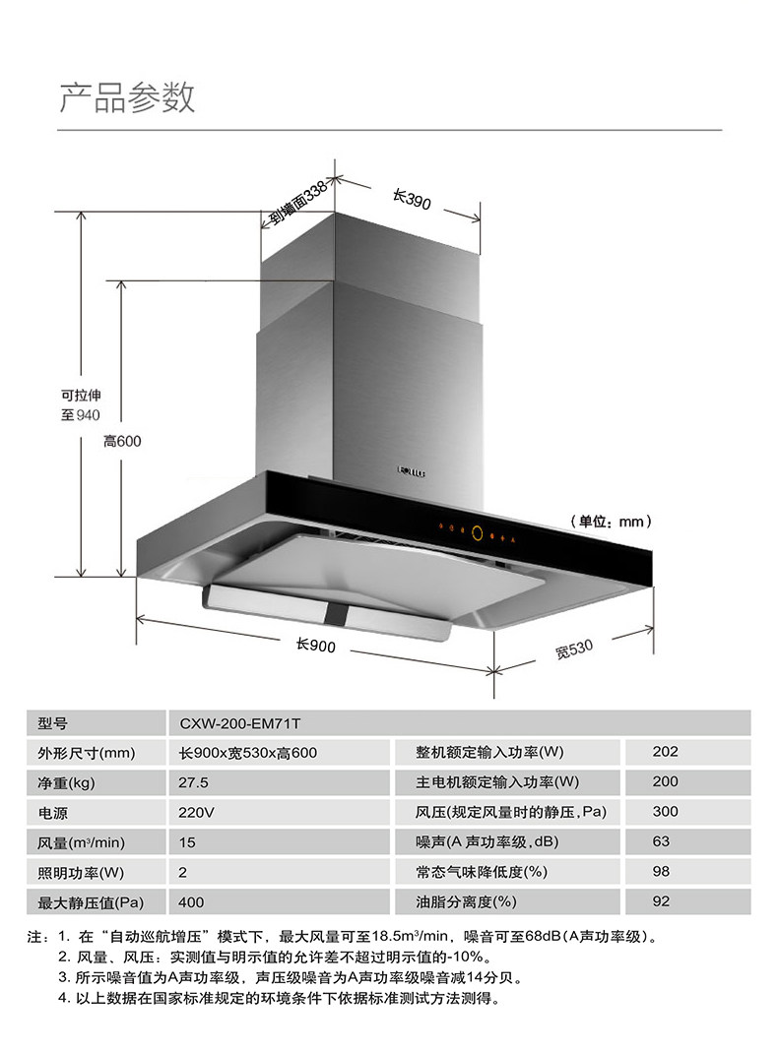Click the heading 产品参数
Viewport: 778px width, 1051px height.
[128, 97]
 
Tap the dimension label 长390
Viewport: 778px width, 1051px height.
[412, 201]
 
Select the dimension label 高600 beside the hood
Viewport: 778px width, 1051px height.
[122, 441]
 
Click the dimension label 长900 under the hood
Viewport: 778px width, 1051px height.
[316, 646]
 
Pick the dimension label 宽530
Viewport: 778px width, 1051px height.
[573, 649]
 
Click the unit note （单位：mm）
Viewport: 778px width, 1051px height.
[611, 521]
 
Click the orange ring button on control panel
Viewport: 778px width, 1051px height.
[477, 533]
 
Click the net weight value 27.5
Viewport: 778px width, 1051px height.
[194, 783]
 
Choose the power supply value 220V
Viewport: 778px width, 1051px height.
[196, 814]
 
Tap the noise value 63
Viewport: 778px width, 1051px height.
[661, 842]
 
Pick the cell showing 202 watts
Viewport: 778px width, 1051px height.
[666, 753]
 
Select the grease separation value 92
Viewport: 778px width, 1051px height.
[661, 901]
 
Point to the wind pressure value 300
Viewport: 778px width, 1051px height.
[666, 813]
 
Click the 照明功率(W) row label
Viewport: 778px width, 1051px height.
[81, 873]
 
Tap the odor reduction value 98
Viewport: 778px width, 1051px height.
[661, 872]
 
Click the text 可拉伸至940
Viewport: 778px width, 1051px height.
[81, 404]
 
